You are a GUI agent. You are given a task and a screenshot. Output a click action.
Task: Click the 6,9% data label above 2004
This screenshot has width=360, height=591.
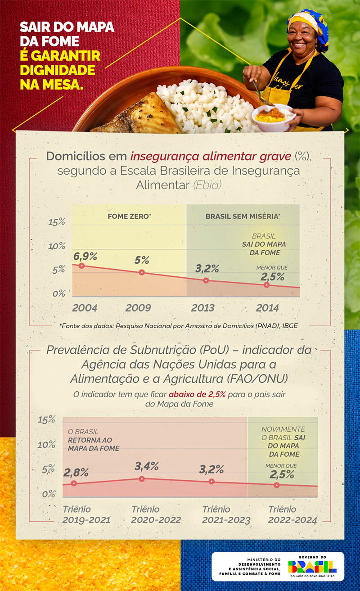pos(85,256)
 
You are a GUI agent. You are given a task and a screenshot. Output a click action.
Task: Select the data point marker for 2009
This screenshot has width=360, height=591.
pos(142,272)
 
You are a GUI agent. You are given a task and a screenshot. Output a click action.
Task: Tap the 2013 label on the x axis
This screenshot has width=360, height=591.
pos(202,308)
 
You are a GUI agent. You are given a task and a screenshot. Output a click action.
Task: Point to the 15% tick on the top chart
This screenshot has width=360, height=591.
pos(57,222)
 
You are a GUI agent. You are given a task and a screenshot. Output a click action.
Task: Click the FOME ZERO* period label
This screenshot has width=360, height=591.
pos(129,216)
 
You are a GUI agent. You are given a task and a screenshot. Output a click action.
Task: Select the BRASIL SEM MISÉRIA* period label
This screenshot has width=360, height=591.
pos(243,216)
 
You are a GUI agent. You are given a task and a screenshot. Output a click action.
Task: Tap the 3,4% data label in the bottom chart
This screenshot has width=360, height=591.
pos(147,466)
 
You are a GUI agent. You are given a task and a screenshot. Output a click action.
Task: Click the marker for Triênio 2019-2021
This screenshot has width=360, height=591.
pos(74,483)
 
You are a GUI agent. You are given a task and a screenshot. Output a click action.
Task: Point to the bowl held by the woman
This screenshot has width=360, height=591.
pos(273,118)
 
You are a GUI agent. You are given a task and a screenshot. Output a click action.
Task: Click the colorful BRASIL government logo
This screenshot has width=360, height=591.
pos(312,566)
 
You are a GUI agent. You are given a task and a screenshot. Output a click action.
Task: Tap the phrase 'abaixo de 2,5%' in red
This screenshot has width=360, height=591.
pos(197,394)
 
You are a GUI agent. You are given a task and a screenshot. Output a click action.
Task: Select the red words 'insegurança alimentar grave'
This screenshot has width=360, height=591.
pos(211,157)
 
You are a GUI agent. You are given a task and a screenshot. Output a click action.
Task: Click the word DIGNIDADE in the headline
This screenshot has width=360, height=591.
pos(58,70)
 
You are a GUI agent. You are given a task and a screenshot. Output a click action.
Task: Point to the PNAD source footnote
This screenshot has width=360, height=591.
pos(178,325)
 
